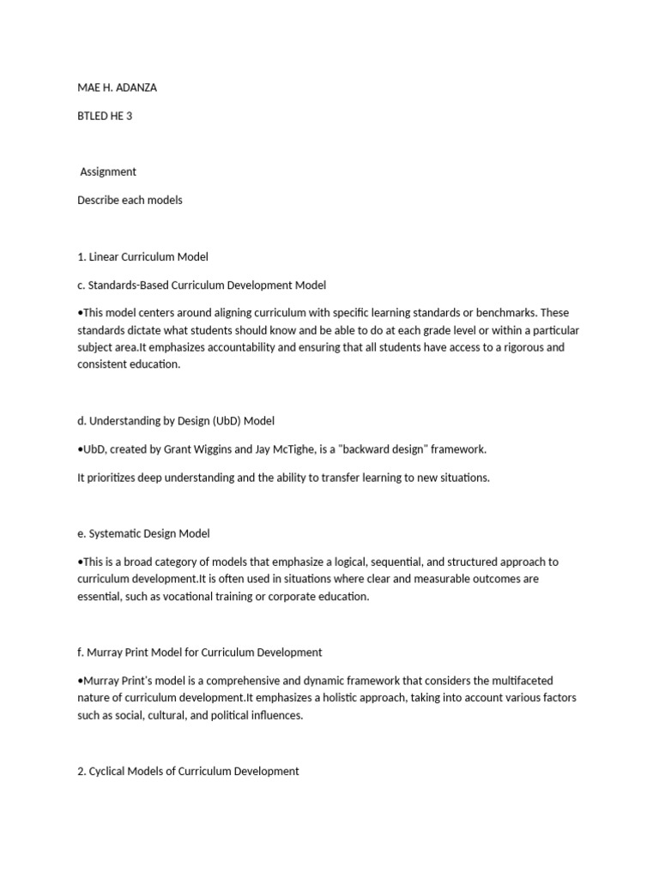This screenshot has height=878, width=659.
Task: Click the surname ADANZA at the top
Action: tap(136, 88)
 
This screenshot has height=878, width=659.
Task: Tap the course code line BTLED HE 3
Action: tap(105, 117)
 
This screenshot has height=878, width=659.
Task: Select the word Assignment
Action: tap(108, 171)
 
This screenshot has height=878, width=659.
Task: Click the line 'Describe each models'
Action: tap(130, 200)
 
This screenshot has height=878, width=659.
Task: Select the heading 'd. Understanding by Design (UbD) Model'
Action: tap(176, 421)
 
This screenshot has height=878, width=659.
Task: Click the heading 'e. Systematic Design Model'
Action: tap(143, 533)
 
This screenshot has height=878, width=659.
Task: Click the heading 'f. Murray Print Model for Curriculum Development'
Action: tap(200, 652)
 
